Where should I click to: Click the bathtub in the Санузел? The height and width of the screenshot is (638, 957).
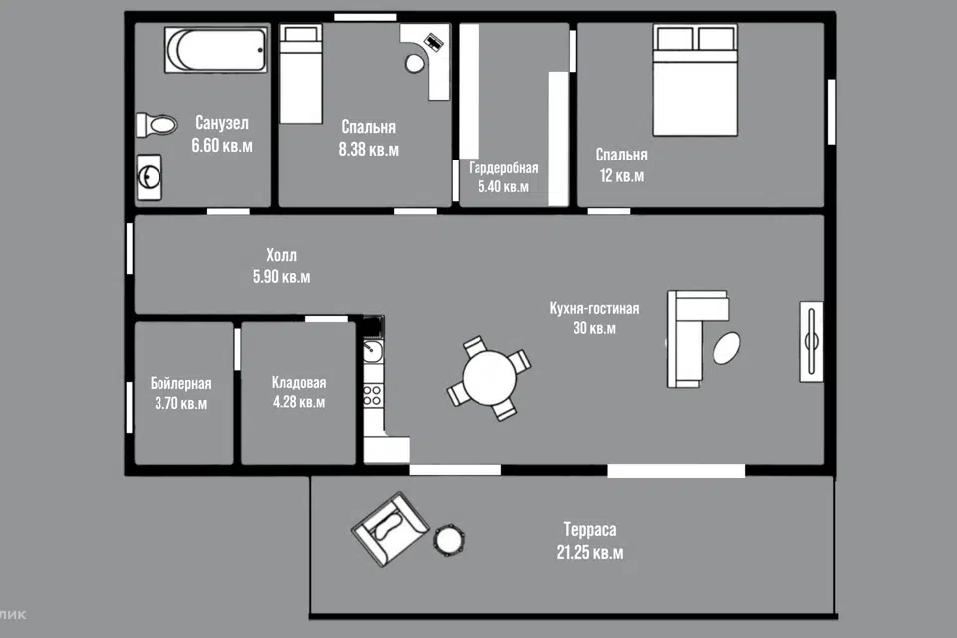click(216, 49)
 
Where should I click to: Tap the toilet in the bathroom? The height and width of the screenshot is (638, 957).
click(157, 125)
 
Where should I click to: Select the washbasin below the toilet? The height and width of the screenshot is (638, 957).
click(149, 177)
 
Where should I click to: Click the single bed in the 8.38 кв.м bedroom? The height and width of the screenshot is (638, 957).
click(301, 74)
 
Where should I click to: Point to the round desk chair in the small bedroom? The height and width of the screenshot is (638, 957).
click(415, 63)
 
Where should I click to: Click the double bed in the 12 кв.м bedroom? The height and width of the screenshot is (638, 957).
click(695, 80)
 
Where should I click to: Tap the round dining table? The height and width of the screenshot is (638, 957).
click(489, 378)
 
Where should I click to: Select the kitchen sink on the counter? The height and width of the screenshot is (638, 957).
click(372, 352)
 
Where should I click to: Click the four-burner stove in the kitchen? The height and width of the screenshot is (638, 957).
click(372, 395)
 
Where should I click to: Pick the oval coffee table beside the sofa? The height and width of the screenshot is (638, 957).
click(727, 348)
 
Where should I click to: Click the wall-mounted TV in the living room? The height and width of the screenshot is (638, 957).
click(811, 342)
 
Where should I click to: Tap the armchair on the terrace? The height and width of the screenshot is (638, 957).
click(390, 529)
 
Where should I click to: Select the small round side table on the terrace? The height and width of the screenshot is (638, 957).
click(449, 540)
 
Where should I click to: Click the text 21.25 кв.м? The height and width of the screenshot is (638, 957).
click(589, 553)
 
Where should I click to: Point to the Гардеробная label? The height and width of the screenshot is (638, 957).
click(503, 168)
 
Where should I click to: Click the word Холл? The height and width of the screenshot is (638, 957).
click(281, 255)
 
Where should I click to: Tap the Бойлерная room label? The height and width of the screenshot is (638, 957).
click(180, 384)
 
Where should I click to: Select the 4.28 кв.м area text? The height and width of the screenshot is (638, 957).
click(299, 402)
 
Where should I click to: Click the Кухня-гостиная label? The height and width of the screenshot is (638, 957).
click(594, 308)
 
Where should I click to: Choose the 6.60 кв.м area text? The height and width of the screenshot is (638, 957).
click(222, 146)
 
